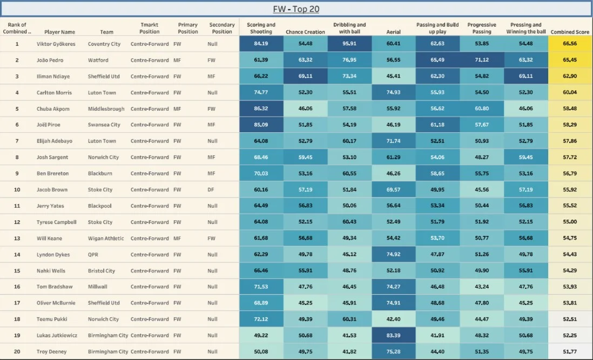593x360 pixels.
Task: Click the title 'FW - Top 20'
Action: click(x=296, y=9)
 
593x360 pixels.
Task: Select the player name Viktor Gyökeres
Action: click(x=57, y=44)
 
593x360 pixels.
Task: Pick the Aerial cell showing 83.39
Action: click(x=393, y=335)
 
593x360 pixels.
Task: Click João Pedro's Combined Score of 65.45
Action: click(x=570, y=60)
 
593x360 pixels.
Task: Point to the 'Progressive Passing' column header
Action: click(x=481, y=29)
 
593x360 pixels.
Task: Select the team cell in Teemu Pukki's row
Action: click(x=103, y=319)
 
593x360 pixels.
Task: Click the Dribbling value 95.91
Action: click(x=349, y=44)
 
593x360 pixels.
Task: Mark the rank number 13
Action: click(x=17, y=238)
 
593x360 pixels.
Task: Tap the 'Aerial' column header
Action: click(x=393, y=32)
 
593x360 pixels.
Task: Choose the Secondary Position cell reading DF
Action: click(x=213, y=189)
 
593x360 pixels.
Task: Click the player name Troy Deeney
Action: click(x=52, y=351)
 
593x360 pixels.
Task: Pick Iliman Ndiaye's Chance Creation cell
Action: click(x=305, y=77)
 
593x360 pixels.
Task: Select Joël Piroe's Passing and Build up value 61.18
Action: click(x=437, y=125)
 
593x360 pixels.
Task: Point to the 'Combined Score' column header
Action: click(x=570, y=32)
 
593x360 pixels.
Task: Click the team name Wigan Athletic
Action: click(x=106, y=238)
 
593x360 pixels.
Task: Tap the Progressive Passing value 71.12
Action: click(x=481, y=60)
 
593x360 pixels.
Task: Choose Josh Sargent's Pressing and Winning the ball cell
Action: click(x=525, y=158)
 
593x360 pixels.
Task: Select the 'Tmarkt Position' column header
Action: click(x=150, y=29)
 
